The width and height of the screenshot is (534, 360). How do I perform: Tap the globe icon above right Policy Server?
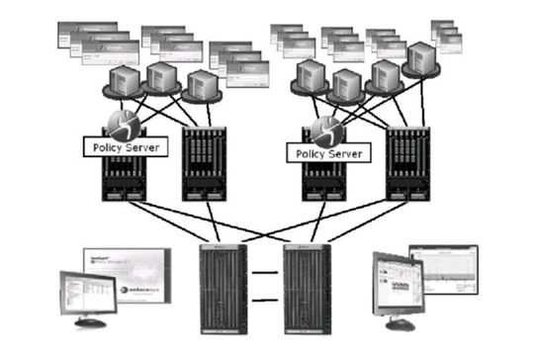pos(326,131)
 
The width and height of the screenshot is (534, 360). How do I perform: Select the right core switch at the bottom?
pos(305,286)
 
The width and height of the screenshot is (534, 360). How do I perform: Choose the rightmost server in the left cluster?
pos(201,86)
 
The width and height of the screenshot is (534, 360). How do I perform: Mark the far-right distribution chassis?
pos(406,163)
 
